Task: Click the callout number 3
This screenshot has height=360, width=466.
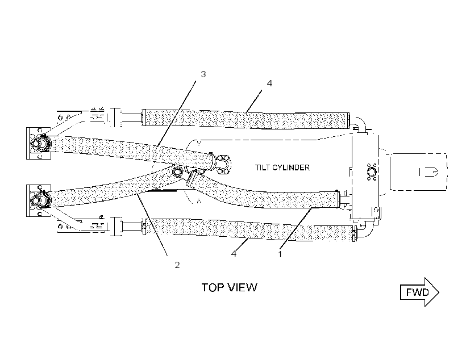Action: [x=203, y=74]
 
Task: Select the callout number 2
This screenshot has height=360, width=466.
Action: [x=177, y=265]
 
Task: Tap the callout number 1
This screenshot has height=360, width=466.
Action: [x=280, y=254]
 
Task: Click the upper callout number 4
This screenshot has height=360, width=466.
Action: [x=269, y=83]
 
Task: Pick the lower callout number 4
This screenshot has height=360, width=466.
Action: [x=234, y=254]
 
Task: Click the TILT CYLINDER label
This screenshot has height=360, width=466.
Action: [x=282, y=168]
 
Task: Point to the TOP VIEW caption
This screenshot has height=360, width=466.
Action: [x=230, y=287]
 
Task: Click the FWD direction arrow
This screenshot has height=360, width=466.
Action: [x=419, y=292]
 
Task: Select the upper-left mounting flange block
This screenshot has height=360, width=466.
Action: [x=39, y=144]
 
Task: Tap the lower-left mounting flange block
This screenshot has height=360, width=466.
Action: [x=39, y=201]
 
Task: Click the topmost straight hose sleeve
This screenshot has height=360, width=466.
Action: [x=246, y=119]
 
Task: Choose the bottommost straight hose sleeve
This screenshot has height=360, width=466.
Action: [x=249, y=230]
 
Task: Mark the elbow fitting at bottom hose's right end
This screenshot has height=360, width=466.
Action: [x=364, y=230]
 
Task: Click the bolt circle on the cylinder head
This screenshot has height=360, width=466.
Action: [x=372, y=172]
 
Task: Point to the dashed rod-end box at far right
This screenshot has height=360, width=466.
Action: [x=418, y=171]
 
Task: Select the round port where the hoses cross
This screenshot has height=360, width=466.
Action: [x=177, y=172]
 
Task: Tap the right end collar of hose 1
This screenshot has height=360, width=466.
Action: [x=338, y=199]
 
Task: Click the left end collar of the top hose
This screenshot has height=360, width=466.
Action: [x=144, y=118]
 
